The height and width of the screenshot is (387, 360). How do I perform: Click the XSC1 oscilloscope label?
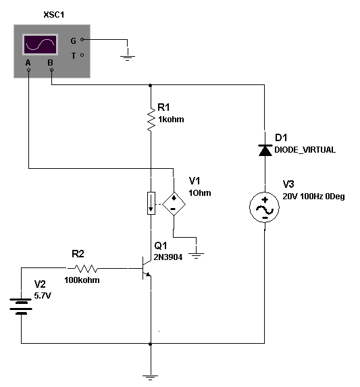54,15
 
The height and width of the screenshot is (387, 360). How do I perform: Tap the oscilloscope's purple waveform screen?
41,45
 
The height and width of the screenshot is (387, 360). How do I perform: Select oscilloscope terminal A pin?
28,70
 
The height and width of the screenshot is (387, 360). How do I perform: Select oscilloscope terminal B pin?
51,70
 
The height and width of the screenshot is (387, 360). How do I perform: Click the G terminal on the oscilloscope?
82,39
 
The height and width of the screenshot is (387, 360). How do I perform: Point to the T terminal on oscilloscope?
82,55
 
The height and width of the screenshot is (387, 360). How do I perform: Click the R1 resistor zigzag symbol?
151,119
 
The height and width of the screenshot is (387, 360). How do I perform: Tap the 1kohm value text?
171,120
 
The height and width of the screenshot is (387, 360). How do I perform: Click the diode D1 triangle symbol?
265,150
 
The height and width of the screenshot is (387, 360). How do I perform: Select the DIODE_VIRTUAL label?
305,150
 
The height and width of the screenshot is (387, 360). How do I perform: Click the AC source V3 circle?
265,207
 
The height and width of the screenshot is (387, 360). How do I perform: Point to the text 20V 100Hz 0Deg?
313,197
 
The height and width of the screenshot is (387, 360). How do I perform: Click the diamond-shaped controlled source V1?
174,204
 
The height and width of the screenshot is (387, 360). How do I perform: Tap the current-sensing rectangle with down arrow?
151,203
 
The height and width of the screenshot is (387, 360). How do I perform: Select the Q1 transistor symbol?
147,268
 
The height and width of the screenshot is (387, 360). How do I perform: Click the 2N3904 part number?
168,257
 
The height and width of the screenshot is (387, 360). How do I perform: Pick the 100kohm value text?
82,280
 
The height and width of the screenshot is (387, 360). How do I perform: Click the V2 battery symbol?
21,307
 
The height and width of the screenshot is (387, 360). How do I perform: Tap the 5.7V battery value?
43,295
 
